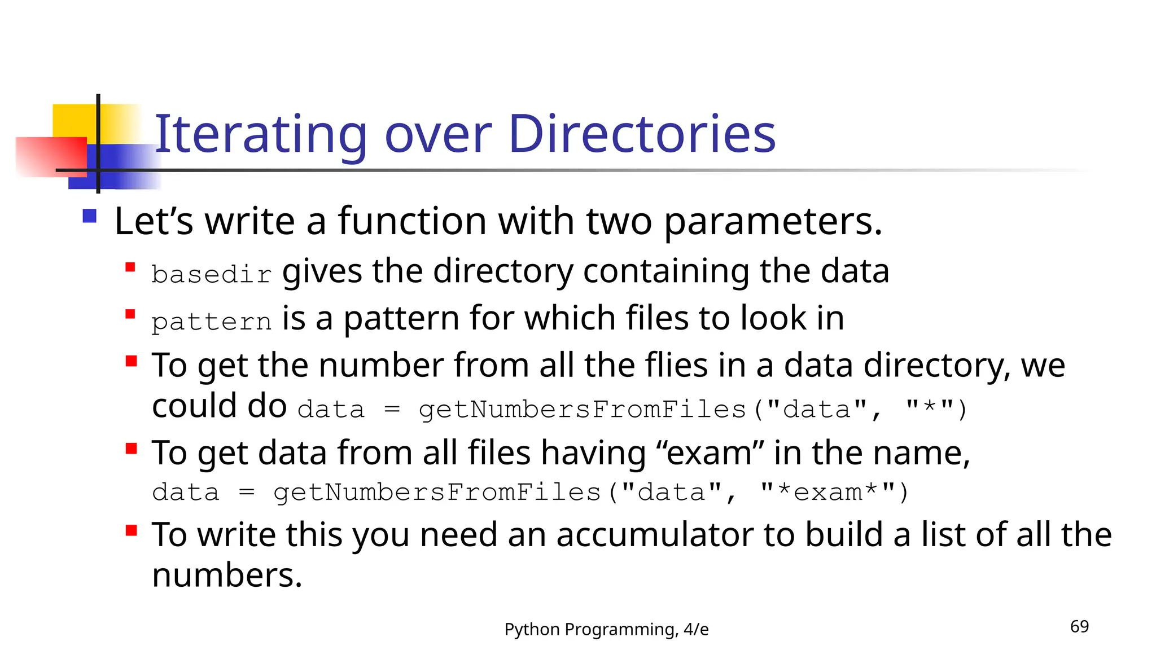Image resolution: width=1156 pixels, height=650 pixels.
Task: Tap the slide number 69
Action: (x=1079, y=626)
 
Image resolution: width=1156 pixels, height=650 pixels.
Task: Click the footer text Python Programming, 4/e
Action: (x=606, y=629)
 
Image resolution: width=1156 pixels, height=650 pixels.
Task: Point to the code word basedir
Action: (x=212, y=275)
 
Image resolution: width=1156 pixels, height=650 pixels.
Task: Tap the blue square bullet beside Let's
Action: (x=90, y=217)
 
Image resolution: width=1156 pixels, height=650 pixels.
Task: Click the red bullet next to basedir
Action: (x=130, y=267)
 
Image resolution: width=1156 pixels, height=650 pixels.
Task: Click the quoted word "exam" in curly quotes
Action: (x=709, y=453)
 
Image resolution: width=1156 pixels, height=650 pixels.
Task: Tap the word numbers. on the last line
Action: (x=227, y=576)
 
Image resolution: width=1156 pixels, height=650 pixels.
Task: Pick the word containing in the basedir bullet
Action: (x=666, y=271)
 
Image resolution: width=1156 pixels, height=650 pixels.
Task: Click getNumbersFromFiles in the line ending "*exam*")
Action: (x=436, y=493)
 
